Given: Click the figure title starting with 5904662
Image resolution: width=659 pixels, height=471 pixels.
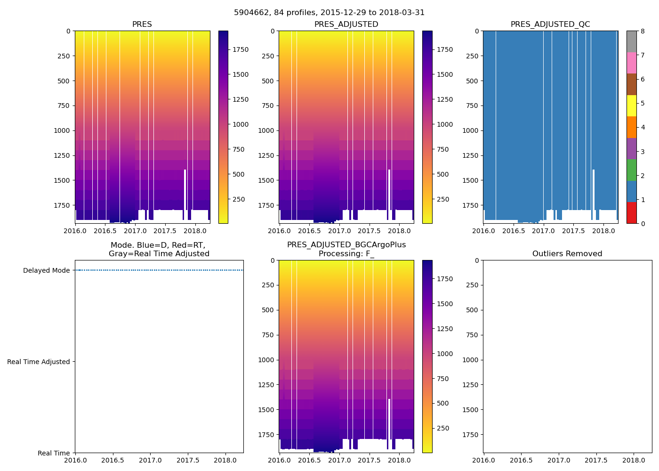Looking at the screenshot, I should coord(329,13).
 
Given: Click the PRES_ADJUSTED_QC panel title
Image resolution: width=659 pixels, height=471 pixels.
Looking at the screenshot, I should coord(550,24).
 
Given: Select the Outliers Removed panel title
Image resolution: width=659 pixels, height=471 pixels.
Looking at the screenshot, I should coord(567,254).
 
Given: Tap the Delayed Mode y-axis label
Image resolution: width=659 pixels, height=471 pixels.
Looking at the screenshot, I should coord(46,270).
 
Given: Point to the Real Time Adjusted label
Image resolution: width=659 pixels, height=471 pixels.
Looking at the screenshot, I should coord(39,362).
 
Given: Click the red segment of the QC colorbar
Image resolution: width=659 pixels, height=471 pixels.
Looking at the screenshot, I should coord(631,213).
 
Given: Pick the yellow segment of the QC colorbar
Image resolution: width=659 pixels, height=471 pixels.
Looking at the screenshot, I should coord(631,106).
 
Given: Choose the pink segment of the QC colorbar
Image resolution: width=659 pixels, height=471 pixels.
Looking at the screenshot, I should coord(631,63).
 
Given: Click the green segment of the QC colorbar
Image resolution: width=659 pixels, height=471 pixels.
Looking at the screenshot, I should coord(631,170).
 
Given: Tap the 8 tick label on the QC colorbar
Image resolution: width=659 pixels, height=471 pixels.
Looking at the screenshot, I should coord(643,31).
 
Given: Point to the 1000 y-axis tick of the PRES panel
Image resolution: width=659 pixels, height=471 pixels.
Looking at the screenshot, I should coord(62,130).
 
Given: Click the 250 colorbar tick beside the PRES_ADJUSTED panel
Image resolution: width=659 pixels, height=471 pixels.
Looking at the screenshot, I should coord(442,199).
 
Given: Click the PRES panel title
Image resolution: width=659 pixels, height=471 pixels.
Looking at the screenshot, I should coord(142,24).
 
